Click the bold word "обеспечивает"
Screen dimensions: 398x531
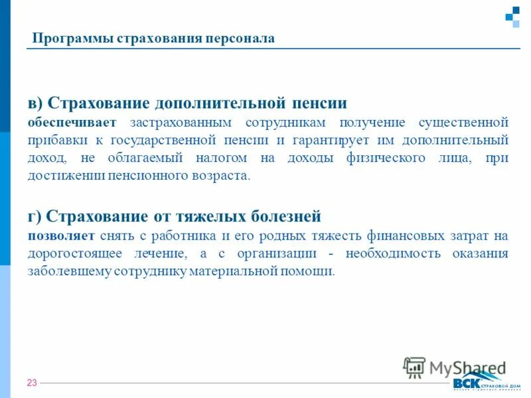(71, 123)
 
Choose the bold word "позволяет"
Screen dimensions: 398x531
(60, 235)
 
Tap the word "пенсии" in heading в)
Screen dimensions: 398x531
(319, 103)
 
